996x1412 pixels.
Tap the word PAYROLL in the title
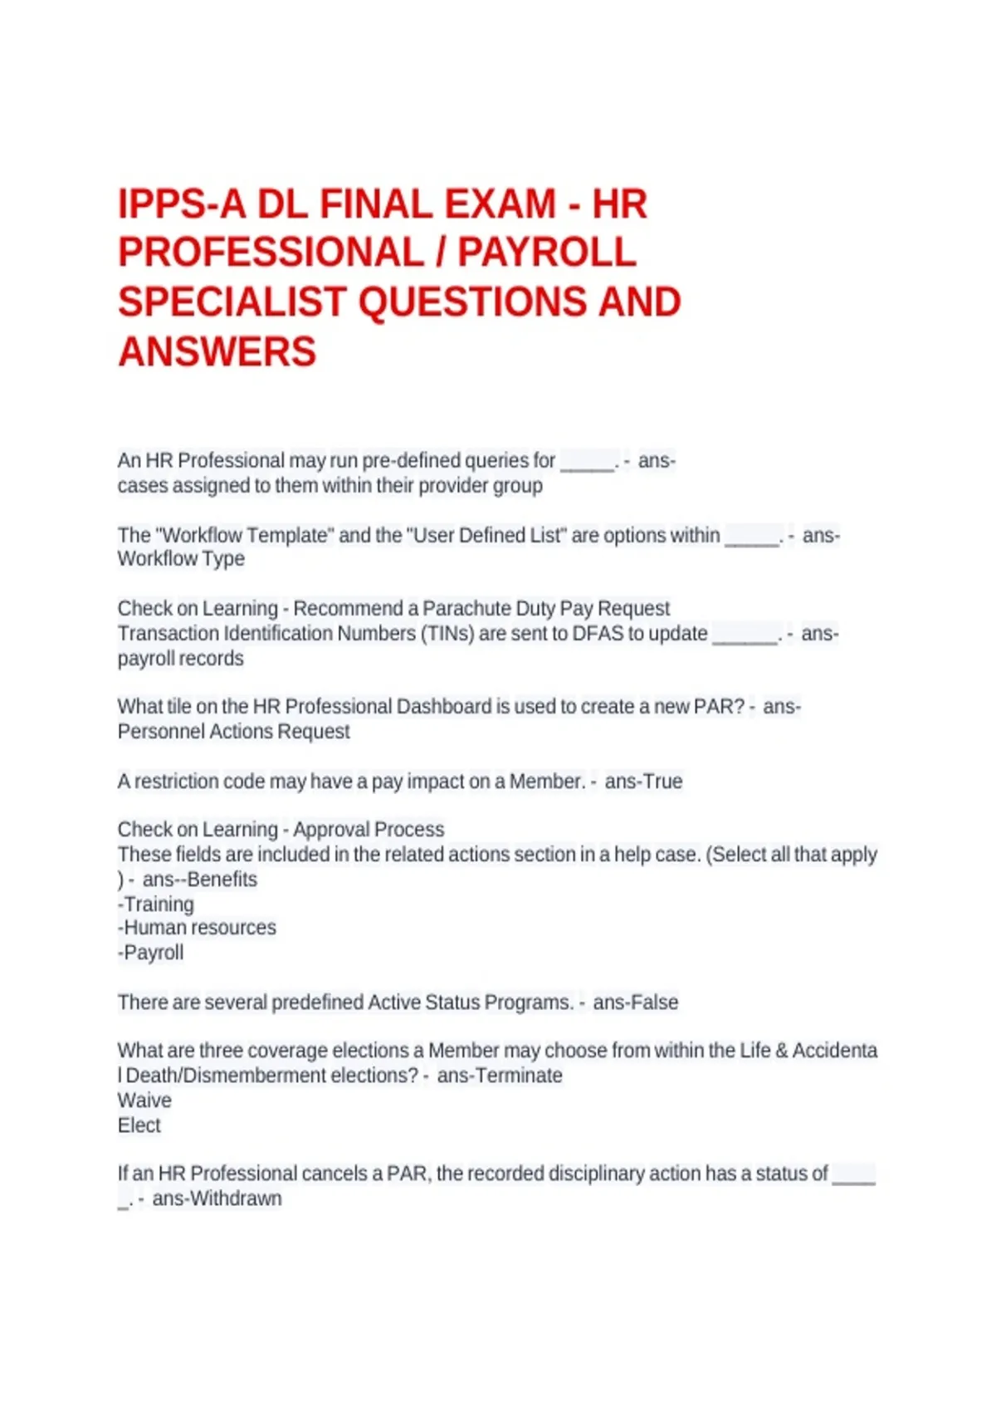coord(547,253)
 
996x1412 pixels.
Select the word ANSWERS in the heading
coord(217,351)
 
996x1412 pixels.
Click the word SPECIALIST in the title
coord(232,302)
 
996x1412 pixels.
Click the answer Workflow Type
coord(181,559)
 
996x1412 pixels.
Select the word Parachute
coord(466,609)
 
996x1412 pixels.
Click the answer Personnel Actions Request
coord(233,732)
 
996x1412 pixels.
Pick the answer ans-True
coord(643,782)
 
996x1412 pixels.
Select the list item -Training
coord(156,904)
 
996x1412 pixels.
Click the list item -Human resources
coord(197,928)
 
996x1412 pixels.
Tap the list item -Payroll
coord(150,953)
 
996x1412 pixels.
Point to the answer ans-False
coord(635,1003)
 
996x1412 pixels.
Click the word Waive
coord(144,1101)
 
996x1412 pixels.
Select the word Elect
coord(139,1125)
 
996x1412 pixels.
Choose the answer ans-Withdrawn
coord(217,1199)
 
